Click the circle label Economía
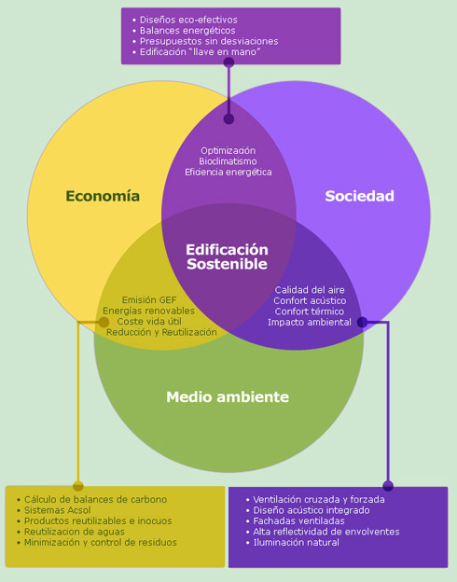click(x=103, y=196)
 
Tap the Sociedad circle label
click(x=359, y=196)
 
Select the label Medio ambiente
click(x=228, y=396)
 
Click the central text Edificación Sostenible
click(x=227, y=256)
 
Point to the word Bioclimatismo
click(x=228, y=161)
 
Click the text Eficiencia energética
click(x=228, y=173)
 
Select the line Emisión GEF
click(x=149, y=300)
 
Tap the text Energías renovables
click(x=148, y=311)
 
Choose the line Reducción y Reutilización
click(x=161, y=332)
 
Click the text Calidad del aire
click(x=310, y=290)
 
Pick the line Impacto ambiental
click(x=310, y=322)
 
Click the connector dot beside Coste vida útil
click(x=104, y=322)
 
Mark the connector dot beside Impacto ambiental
click(x=362, y=322)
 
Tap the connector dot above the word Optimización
click(x=228, y=118)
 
